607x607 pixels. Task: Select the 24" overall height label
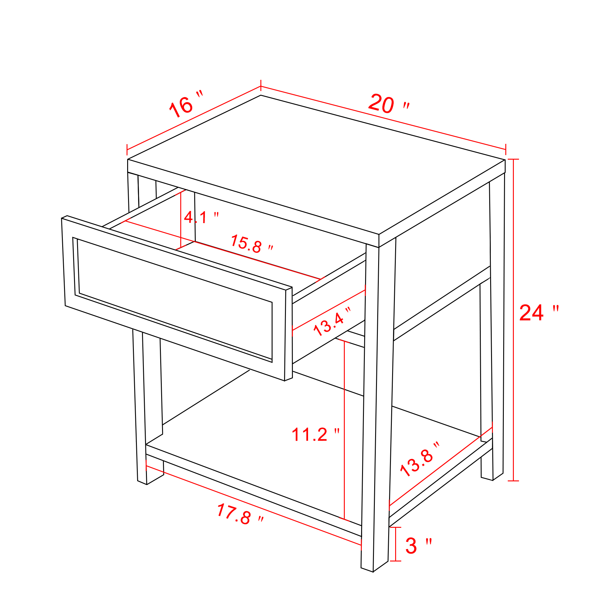tap(539, 313)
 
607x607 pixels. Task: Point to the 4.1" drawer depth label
tap(201, 217)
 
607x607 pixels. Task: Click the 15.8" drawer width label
tap(252, 244)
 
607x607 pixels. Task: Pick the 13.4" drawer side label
tap(332, 321)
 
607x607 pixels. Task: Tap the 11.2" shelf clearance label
tap(316, 435)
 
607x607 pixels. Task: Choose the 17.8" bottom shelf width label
tap(240, 514)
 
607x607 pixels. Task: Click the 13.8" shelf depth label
tap(420, 459)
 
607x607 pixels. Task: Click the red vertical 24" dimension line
tap(514, 320)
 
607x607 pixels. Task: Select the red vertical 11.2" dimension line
tap(344, 429)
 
